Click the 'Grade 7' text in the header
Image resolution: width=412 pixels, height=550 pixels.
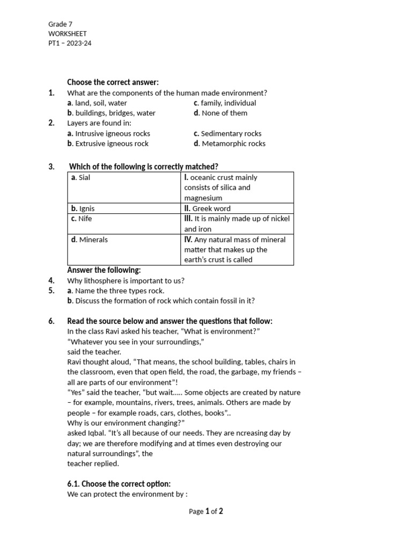click(60, 24)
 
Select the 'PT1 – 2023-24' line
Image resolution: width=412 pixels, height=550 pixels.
click(70, 44)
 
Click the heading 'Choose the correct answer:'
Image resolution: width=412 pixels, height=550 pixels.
click(113, 82)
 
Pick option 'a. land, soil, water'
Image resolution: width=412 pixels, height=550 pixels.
click(97, 103)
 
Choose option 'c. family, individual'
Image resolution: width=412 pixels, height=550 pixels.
click(225, 103)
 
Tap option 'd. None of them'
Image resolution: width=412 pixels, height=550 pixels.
click(220, 113)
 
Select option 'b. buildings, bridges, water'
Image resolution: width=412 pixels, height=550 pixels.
click(111, 113)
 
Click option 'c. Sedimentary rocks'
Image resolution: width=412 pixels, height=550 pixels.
click(227, 134)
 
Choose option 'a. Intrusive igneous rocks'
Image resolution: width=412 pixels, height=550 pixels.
click(108, 134)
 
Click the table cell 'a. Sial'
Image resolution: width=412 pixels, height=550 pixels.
click(80, 178)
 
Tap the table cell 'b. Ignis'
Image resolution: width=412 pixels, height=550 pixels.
click(83, 208)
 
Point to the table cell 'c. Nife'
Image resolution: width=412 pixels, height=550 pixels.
click(82, 219)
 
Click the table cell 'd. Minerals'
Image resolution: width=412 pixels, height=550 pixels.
click(89, 240)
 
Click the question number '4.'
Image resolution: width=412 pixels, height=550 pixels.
click(51, 280)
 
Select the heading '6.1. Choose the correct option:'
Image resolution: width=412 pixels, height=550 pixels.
click(119, 484)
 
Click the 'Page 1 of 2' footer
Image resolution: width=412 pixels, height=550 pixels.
click(206, 512)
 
